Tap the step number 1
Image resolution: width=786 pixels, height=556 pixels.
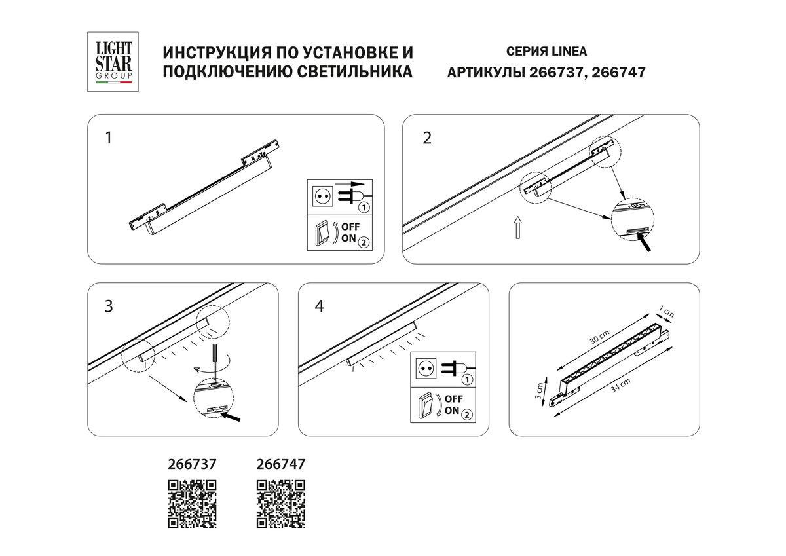tap(109, 138)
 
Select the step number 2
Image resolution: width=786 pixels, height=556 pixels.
tap(427, 138)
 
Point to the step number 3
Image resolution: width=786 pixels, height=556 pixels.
tap(109, 306)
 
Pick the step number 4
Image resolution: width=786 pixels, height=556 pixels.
tap(319, 306)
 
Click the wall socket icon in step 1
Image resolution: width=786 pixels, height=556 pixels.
tap(322, 196)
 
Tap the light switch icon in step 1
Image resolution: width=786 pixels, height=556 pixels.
tap(322, 233)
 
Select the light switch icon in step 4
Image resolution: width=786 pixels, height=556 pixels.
tap(426, 405)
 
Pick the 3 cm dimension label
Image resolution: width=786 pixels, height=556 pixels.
tap(539, 392)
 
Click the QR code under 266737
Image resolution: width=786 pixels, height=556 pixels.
tap(193, 504)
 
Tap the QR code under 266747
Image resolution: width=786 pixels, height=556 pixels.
tap(280, 504)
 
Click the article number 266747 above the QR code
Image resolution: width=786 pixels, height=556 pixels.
tap(280, 464)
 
